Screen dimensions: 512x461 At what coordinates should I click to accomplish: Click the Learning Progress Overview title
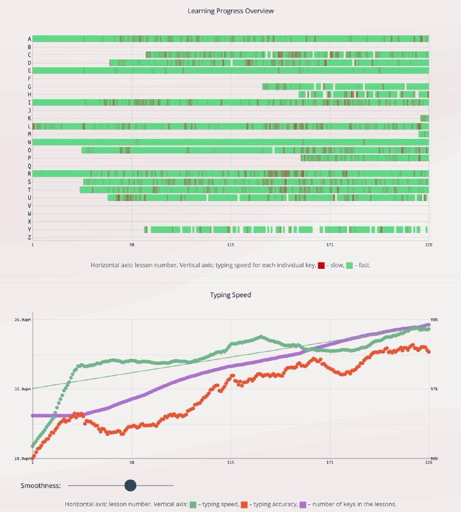point(230,11)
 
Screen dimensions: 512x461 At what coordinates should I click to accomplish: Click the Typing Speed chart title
point(230,295)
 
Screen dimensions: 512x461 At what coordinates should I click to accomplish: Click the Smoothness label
point(40,485)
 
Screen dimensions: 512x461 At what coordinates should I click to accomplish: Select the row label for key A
point(29,39)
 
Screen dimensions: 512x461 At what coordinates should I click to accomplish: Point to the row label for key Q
point(29,166)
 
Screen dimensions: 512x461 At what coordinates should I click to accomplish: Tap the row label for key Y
point(29,230)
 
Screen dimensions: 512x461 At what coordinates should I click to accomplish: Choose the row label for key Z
point(29,237)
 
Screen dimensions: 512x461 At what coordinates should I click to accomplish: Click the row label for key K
point(29,118)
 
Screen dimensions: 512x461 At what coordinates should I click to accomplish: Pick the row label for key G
point(29,86)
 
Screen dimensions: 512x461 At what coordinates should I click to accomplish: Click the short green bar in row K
point(424,118)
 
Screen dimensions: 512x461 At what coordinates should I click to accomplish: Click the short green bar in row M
point(423,134)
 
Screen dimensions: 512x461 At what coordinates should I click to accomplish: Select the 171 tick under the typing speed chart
point(330,462)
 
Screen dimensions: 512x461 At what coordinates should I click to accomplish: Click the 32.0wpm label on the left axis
point(22,389)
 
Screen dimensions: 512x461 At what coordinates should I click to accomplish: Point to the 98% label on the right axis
point(434,319)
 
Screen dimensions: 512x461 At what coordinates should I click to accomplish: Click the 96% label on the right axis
point(434,458)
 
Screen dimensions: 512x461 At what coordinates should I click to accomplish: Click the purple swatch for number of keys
point(303,504)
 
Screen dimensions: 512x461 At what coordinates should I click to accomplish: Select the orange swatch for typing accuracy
point(244,504)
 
